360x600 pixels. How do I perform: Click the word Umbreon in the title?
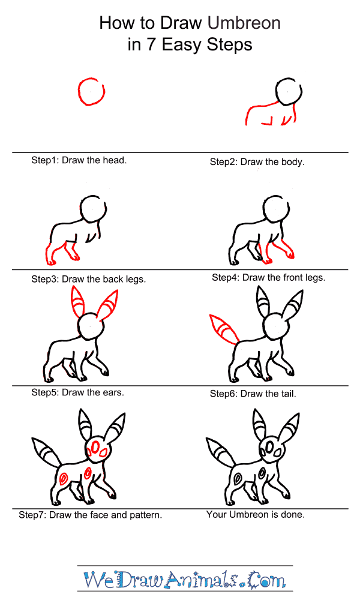pyautogui.click(x=244, y=23)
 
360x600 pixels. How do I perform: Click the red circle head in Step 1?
pyautogui.click(x=91, y=92)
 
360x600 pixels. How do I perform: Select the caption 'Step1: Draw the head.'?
pyautogui.click(x=79, y=161)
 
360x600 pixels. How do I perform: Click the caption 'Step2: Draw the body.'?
pyautogui.click(x=257, y=162)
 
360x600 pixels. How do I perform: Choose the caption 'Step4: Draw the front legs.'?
pyautogui.click(x=268, y=278)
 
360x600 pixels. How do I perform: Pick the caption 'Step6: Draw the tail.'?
pyautogui.click(x=253, y=394)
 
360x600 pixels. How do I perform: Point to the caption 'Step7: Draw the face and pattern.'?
pyautogui.click(x=90, y=515)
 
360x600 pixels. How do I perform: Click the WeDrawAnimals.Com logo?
pyautogui.click(x=184, y=580)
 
